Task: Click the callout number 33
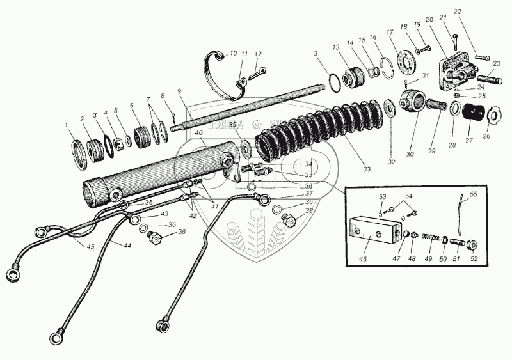367,169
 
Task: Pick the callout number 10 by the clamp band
232,53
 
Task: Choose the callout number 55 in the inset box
474,193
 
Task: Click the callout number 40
200,132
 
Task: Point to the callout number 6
131,106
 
